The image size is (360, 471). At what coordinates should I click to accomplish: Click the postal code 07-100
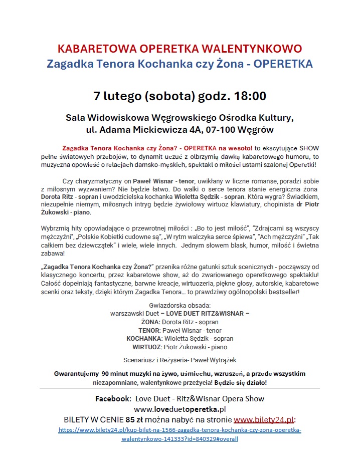[225, 130]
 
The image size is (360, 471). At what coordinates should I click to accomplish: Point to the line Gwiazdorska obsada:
[179, 306]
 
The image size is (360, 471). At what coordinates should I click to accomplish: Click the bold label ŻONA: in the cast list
[150, 322]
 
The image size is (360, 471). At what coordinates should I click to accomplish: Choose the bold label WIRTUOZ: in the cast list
[147, 347]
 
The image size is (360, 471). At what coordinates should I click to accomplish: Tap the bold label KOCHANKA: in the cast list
[144, 339]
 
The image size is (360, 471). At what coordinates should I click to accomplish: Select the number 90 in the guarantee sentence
[107, 374]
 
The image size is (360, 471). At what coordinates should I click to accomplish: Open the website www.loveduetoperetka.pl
[179, 409]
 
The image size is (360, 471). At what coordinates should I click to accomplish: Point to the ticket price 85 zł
[135, 420]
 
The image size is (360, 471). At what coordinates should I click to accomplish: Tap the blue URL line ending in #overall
[179, 438]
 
